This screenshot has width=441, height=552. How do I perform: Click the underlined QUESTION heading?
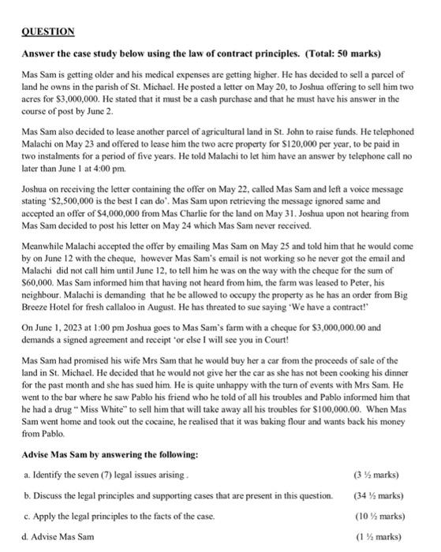(x=48, y=32)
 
